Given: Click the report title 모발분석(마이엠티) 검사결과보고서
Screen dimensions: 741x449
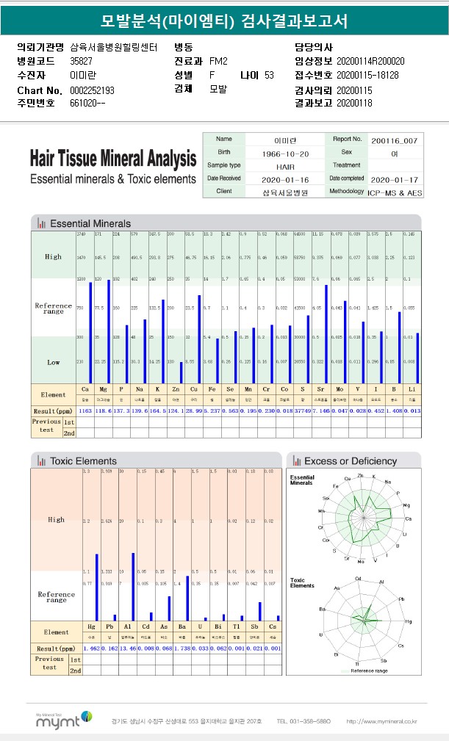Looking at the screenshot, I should tap(224, 21).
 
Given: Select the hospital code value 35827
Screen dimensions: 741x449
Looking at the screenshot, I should tap(81, 61).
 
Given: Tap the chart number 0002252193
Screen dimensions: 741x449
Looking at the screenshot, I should tap(92, 90).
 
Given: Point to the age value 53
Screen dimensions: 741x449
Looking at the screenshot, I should tap(269, 75).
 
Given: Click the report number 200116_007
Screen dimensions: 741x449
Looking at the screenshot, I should tap(395, 140).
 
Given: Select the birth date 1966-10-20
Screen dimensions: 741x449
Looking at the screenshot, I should tap(284, 153).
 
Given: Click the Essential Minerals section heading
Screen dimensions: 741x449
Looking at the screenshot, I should tap(90, 223).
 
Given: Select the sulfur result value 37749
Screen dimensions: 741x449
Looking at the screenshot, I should tap(299, 411).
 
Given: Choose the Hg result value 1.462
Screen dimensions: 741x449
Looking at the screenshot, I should tap(92, 648).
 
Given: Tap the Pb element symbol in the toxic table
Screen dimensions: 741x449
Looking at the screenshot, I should tap(109, 626).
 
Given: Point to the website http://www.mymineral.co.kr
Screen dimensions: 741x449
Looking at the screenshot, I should tap(381, 721).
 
